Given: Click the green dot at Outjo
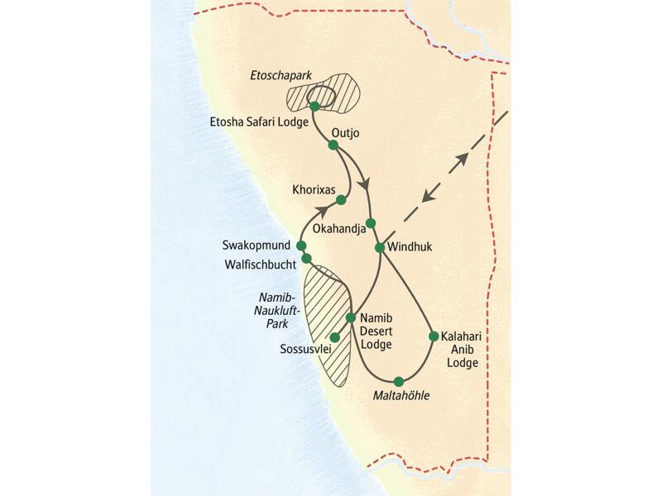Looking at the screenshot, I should (333, 145).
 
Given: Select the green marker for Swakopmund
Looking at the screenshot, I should (301, 246).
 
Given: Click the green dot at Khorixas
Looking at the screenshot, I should (340, 198).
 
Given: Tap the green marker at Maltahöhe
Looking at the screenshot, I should (399, 381).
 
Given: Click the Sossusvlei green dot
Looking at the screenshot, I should (334, 336).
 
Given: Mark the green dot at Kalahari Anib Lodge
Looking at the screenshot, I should (433, 336).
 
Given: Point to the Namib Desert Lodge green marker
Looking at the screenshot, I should (351, 317).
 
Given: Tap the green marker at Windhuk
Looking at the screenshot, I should (379, 247).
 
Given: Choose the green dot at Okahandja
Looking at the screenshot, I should (371, 222).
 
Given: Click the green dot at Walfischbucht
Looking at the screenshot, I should (306, 259).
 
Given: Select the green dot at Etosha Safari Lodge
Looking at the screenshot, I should (314, 106).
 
